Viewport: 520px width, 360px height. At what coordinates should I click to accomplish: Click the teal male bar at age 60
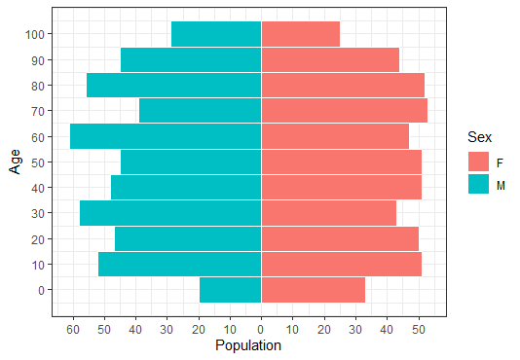click(x=166, y=136)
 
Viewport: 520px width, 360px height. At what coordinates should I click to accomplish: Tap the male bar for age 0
click(x=230, y=290)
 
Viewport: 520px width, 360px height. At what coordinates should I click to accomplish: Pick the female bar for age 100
click(x=300, y=34)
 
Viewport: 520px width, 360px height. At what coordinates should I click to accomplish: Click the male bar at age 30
click(x=170, y=213)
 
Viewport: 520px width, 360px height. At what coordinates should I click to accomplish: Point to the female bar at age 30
click(x=328, y=213)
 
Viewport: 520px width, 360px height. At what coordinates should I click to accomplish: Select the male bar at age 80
click(x=173, y=86)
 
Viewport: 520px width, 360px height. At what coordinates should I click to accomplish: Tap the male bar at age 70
click(x=200, y=111)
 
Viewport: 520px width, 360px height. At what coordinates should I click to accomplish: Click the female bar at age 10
click(x=341, y=265)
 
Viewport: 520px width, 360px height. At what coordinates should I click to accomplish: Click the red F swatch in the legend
click(x=478, y=161)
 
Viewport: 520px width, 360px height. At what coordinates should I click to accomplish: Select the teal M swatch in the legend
click(x=478, y=184)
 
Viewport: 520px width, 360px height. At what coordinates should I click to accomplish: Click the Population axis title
click(x=248, y=345)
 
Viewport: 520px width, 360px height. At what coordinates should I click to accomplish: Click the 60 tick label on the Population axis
click(x=72, y=330)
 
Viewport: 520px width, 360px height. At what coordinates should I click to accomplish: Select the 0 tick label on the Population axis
click(x=261, y=330)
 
